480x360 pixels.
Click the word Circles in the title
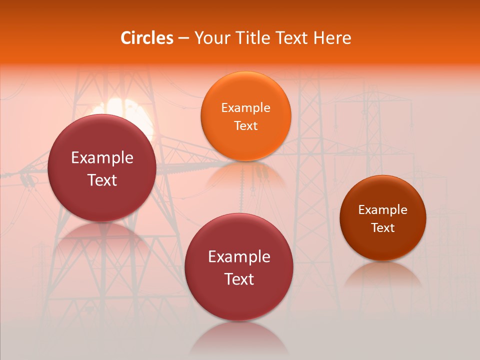tap(147, 38)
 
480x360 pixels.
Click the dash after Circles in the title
tap(183, 38)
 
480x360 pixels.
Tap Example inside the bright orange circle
tap(245, 108)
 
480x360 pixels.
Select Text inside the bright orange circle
tap(245, 125)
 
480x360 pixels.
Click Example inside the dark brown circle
tap(383, 210)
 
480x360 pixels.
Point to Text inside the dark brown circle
tap(383, 228)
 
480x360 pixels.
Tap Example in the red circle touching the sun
tap(102, 158)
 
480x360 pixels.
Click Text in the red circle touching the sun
tap(102, 180)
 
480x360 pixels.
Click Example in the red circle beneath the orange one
tap(239, 257)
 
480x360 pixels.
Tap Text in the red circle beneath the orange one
tap(239, 279)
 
